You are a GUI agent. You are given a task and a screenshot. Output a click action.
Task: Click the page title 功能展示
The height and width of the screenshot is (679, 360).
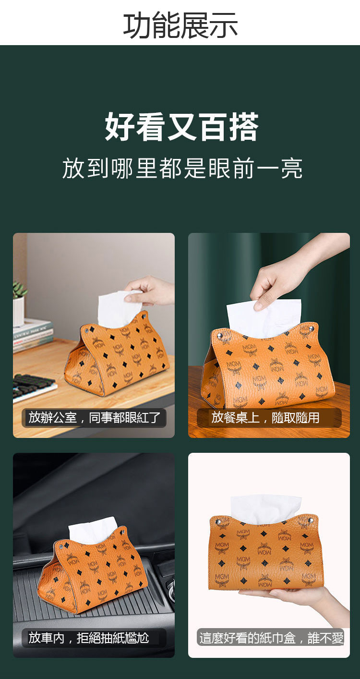click(x=180, y=25)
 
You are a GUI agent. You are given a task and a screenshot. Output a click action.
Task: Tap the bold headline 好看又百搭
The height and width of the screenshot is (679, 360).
click(x=181, y=126)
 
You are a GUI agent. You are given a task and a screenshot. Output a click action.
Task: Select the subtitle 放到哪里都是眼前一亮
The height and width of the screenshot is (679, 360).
click(x=182, y=168)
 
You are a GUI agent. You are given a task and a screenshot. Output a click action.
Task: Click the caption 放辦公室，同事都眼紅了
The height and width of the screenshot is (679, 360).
click(x=94, y=418)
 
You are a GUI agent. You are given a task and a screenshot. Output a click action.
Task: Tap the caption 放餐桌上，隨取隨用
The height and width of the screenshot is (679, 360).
click(x=265, y=418)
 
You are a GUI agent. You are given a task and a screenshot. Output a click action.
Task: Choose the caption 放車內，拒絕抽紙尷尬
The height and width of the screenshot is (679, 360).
click(x=88, y=638)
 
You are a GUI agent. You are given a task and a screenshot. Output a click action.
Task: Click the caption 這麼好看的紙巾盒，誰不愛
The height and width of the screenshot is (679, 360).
click(x=271, y=638)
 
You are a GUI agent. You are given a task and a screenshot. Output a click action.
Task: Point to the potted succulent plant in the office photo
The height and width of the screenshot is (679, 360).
click(x=19, y=303)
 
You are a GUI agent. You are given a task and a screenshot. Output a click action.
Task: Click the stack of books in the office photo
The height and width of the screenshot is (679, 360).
click(x=33, y=335)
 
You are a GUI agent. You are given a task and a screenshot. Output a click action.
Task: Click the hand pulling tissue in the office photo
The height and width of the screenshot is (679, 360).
click(x=150, y=291)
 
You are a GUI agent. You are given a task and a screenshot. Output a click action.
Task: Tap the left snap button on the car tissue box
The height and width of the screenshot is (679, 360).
click(x=61, y=547)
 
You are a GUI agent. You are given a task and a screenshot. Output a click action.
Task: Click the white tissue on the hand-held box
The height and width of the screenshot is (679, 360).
click(x=266, y=509)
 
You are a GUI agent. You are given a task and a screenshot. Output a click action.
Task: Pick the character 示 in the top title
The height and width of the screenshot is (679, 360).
click(x=224, y=25)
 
